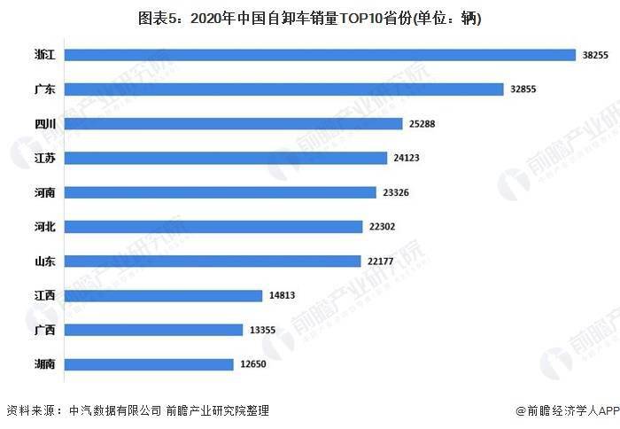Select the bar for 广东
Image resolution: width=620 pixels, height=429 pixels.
pos(284,89)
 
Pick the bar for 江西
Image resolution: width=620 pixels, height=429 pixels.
pos(164,295)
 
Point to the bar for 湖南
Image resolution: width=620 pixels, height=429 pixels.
pos(149,363)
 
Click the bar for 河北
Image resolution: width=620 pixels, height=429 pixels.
pos(213,227)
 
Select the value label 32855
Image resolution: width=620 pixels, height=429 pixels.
pos(523,89)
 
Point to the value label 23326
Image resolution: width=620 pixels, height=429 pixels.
pos(397,192)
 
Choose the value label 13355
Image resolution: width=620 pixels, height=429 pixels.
pos(262,330)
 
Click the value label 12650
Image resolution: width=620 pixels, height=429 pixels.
pos(252,363)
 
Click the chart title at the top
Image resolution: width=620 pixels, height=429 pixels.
pos(310,17)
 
